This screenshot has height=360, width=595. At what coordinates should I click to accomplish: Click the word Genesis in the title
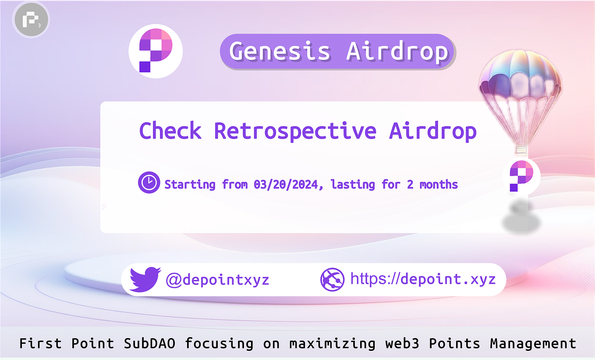pos(280,51)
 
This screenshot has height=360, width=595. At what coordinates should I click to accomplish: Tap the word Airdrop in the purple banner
pos(397,51)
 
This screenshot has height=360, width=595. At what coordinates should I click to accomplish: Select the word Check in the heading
pos(170,131)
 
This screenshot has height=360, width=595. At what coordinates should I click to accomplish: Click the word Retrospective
pos(295,131)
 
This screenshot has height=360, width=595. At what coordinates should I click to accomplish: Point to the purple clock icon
pos(149,183)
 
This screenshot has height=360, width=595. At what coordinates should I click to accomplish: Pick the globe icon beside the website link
pos(331,279)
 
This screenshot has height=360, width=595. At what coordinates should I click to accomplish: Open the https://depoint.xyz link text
pos(423,279)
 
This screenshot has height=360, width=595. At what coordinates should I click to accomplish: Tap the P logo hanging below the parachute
pos(521,176)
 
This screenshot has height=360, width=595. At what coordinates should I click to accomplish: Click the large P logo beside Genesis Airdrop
pos(156,51)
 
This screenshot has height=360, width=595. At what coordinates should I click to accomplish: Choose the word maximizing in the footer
pos(332,343)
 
